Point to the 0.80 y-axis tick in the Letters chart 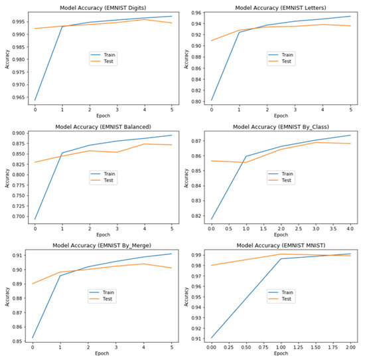[x=196, y=101]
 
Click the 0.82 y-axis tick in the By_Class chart [x=196, y=216]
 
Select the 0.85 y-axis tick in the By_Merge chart [x=18, y=341]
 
